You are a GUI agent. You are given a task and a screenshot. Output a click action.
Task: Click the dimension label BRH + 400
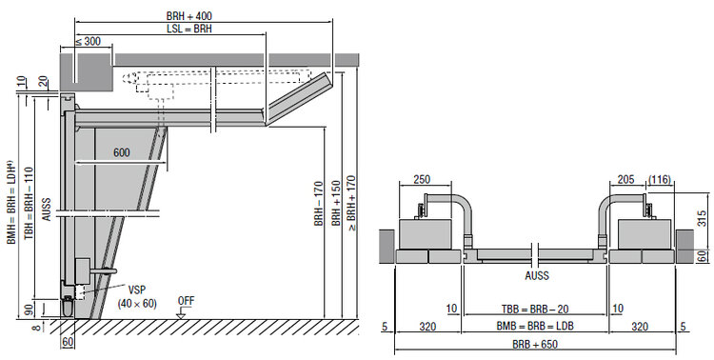(189, 16)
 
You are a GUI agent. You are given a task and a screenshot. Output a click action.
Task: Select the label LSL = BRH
(189, 29)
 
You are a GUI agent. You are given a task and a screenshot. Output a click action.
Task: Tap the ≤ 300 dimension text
(88, 41)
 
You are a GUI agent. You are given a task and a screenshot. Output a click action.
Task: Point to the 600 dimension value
(122, 152)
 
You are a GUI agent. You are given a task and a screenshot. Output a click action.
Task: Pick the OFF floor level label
(186, 301)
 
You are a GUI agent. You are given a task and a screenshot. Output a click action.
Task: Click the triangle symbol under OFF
(181, 314)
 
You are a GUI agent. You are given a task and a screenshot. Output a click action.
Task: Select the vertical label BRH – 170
(319, 203)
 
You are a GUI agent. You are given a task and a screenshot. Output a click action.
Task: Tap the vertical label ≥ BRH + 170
(351, 204)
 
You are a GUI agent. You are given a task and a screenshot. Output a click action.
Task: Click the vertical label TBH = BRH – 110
(29, 202)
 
